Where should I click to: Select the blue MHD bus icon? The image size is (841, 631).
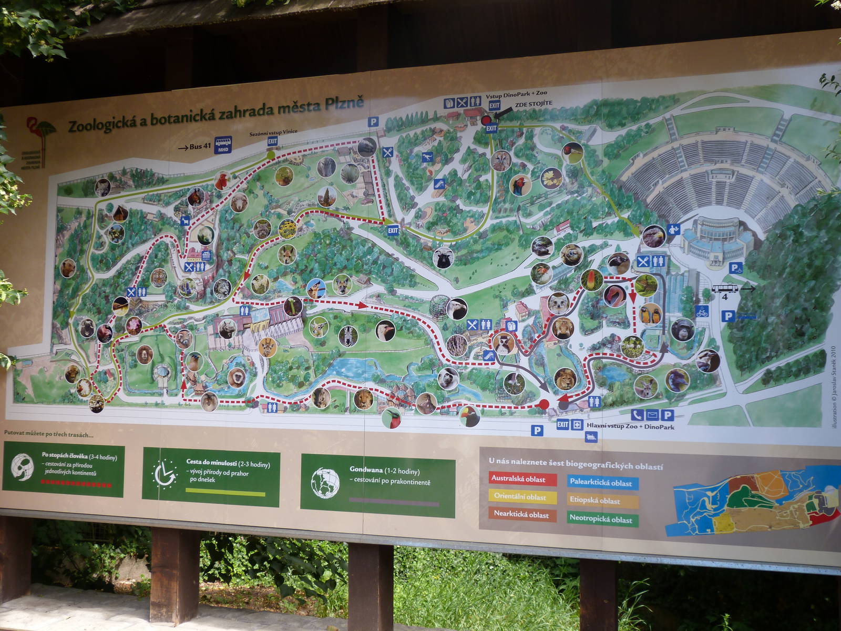223,145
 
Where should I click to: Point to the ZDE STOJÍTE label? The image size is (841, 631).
534,104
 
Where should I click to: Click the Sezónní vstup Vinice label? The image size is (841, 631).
273,133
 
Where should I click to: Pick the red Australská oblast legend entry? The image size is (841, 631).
518,479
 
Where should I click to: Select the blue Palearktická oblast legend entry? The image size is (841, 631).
601,483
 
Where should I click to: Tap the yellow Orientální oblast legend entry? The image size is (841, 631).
520,497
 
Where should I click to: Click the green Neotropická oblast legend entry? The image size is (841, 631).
601,520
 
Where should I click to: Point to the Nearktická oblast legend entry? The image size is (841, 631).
521,515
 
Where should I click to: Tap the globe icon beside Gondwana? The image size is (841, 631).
325,483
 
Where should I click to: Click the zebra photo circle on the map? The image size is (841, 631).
348,335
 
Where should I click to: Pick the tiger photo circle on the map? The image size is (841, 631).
159,277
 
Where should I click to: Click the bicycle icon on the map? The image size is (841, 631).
702,312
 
